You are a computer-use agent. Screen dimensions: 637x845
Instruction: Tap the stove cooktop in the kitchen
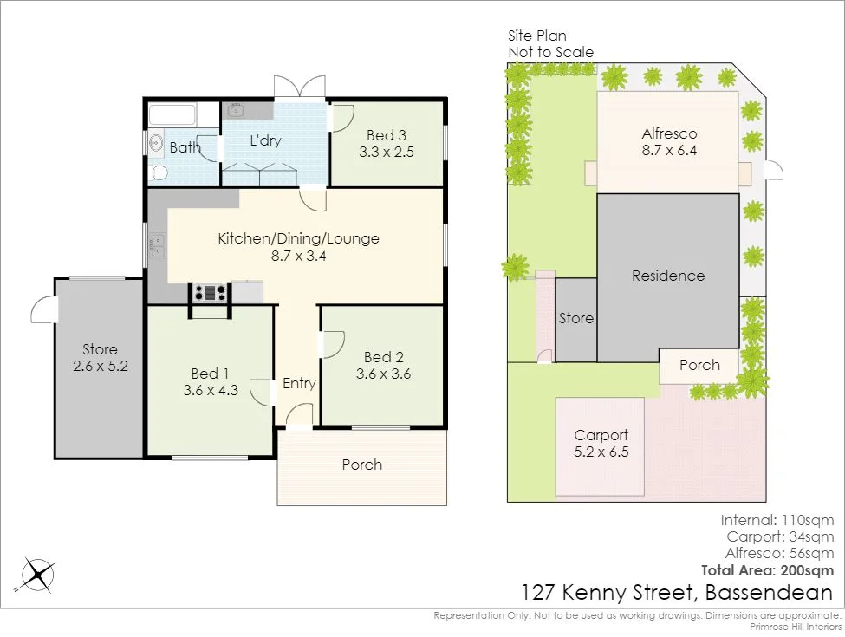coord(211,293)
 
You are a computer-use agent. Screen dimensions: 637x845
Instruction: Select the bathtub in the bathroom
coord(173,115)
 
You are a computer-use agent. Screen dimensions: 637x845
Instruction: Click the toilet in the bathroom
coord(159,172)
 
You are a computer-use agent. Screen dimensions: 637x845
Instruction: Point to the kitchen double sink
coord(159,246)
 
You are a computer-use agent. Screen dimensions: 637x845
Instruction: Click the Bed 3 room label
coord(386,135)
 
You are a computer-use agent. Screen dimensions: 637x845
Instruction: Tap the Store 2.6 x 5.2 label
coord(100,358)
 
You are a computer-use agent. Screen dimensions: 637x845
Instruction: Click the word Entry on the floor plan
coord(299,384)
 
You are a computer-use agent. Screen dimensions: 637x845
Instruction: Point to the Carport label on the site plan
coord(601,435)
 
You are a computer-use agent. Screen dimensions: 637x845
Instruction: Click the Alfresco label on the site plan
coord(669,133)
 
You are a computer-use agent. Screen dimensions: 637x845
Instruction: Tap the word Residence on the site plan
coord(668,276)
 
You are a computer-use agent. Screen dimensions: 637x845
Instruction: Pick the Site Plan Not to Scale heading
coord(550,44)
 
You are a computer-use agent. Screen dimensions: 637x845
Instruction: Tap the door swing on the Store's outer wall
coord(43,309)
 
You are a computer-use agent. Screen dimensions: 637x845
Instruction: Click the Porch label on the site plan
coord(699,365)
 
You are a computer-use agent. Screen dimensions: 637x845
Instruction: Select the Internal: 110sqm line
coord(777,520)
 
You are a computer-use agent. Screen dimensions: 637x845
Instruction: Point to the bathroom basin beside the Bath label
coord(156,144)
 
